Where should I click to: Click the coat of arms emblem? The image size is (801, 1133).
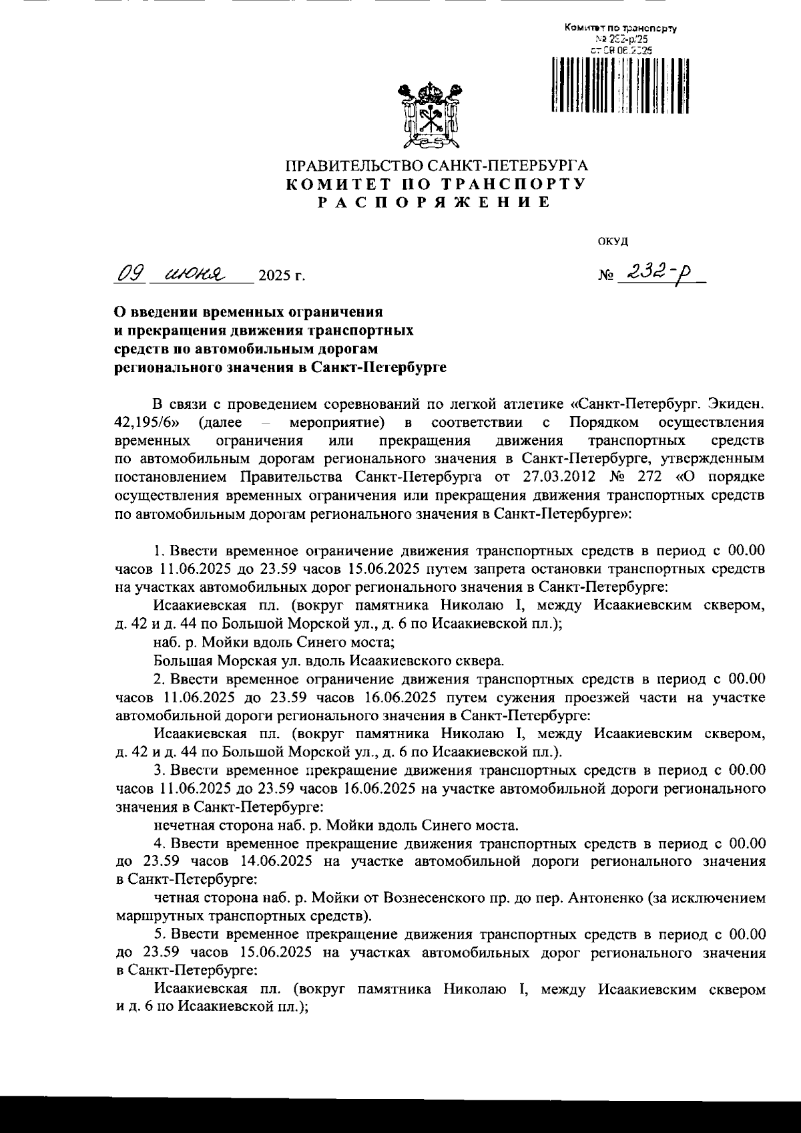coord(430,114)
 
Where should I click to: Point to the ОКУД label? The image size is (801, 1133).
coord(613,241)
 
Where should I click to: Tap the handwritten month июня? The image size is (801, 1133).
coord(190,274)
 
